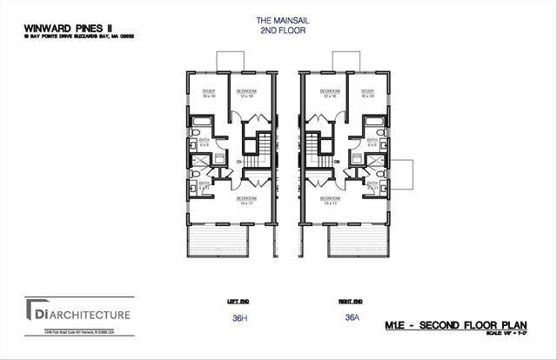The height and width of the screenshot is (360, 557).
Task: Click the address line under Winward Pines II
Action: pyautogui.click(x=66, y=36)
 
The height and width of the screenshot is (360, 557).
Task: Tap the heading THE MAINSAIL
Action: pyautogui.click(x=278, y=21)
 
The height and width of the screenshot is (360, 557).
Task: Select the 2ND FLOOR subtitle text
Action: pyautogui.click(x=278, y=30)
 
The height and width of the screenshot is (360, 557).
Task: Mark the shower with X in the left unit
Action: pyautogui.click(x=198, y=162)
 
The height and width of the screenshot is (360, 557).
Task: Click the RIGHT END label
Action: pyautogui.click(x=351, y=301)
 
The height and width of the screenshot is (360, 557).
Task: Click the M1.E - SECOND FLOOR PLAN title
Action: pyautogui.click(x=458, y=324)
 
